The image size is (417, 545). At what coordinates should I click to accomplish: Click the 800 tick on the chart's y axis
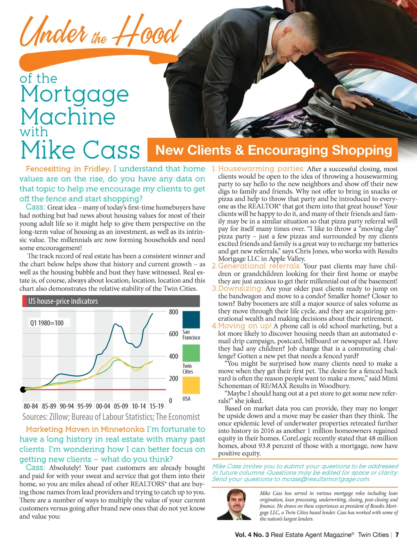(x=173, y=312)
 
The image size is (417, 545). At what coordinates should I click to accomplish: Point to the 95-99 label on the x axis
(x=84, y=406)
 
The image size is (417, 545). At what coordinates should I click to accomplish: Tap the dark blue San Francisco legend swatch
(x=191, y=320)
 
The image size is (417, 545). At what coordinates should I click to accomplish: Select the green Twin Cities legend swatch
(x=191, y=353)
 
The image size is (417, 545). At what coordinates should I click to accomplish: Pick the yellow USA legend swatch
(x=191, y=385)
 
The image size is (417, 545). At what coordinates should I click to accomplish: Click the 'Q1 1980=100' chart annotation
(x=47, y=323)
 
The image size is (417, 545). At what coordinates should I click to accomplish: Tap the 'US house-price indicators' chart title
(x=63, y=301)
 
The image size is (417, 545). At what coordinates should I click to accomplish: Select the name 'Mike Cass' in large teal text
(x=80, y=150)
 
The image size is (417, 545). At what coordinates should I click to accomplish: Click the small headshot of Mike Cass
(x=234, y=505)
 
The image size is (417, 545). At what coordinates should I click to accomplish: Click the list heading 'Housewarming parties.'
(x=261, y=169)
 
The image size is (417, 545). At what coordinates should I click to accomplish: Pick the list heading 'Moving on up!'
(x=245, y=326)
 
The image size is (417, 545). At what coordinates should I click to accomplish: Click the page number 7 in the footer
(x=397, y=535)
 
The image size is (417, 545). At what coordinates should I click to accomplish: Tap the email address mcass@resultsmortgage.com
(x=325, y=479)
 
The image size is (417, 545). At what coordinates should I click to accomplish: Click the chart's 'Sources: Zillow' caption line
(x=111, y=417)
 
